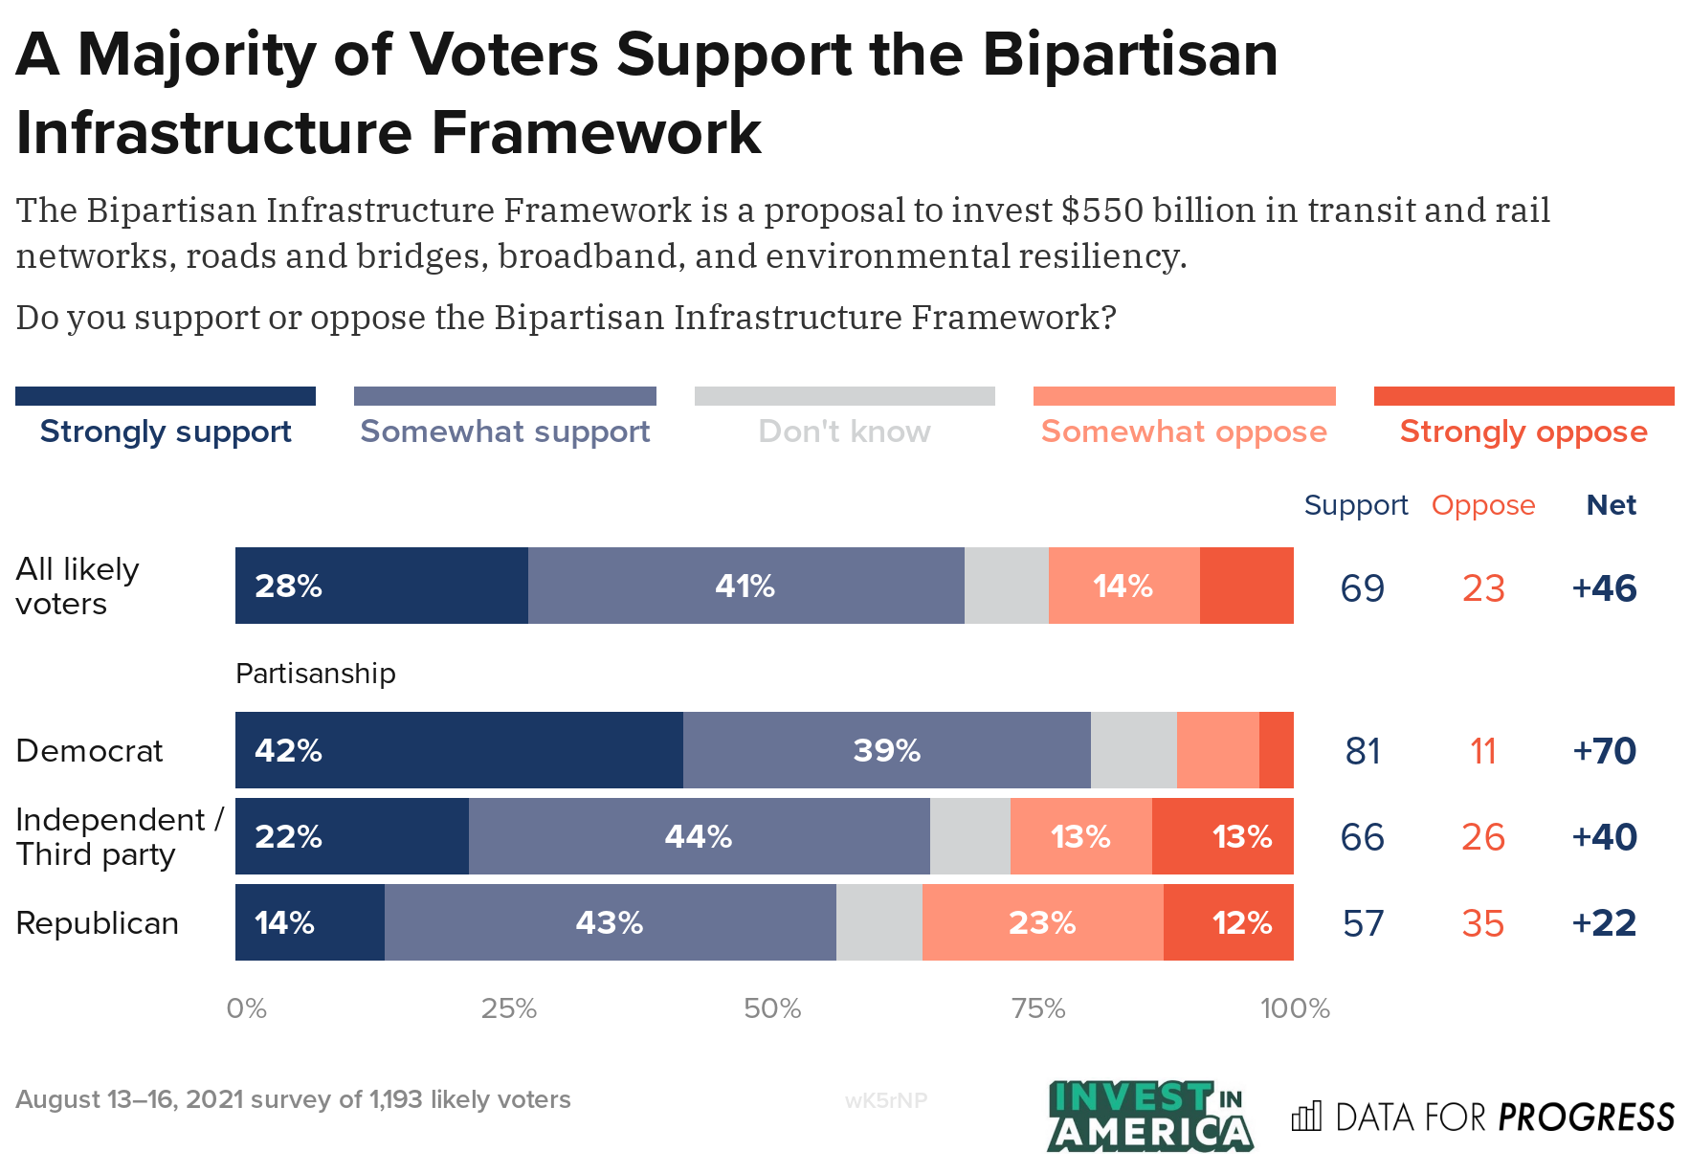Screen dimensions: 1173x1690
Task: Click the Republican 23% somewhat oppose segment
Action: (x=1042, y=922)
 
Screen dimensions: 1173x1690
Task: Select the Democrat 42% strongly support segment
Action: (x=458, y=750)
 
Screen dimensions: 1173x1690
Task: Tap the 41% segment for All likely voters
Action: (x=745, y=586)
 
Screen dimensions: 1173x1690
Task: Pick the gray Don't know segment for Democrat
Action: (x=1133, y=750)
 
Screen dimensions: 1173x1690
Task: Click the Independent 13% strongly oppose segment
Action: (x=1223, y=836)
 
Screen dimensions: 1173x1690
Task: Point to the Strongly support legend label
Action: (x=166, y=432)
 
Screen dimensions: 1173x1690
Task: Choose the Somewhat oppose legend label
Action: (x=1184, y=432)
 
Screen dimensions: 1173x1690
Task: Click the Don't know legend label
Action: (x=844, y=432)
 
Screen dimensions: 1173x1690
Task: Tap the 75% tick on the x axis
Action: (x=1038, y=1008)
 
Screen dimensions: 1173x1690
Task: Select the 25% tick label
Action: (x=508, y=1008)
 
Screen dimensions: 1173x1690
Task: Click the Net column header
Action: (x=1611, y=505)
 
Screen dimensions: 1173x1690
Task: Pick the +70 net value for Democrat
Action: (x=1604, y=751)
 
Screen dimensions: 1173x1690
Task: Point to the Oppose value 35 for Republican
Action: (x=1482, y=923)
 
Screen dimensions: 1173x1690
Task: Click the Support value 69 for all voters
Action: (x=1362, y=587)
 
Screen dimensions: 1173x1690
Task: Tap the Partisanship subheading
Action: (x=315, y=674)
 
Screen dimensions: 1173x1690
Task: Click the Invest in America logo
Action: (x=1149, y=1116)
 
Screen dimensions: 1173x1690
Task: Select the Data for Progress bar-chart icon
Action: (x=1305, y=1116)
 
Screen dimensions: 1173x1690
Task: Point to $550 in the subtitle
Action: (x=1101, y=210)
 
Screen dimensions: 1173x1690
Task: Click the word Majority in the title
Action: (x=196, y=55)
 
